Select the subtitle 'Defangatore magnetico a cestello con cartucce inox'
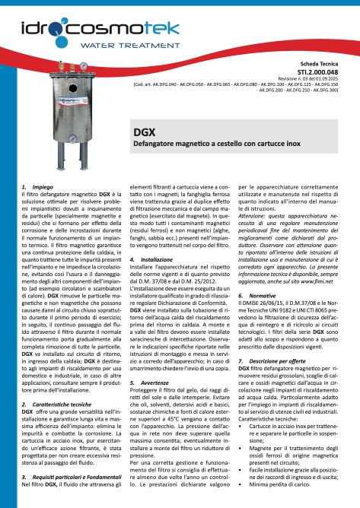205,142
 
